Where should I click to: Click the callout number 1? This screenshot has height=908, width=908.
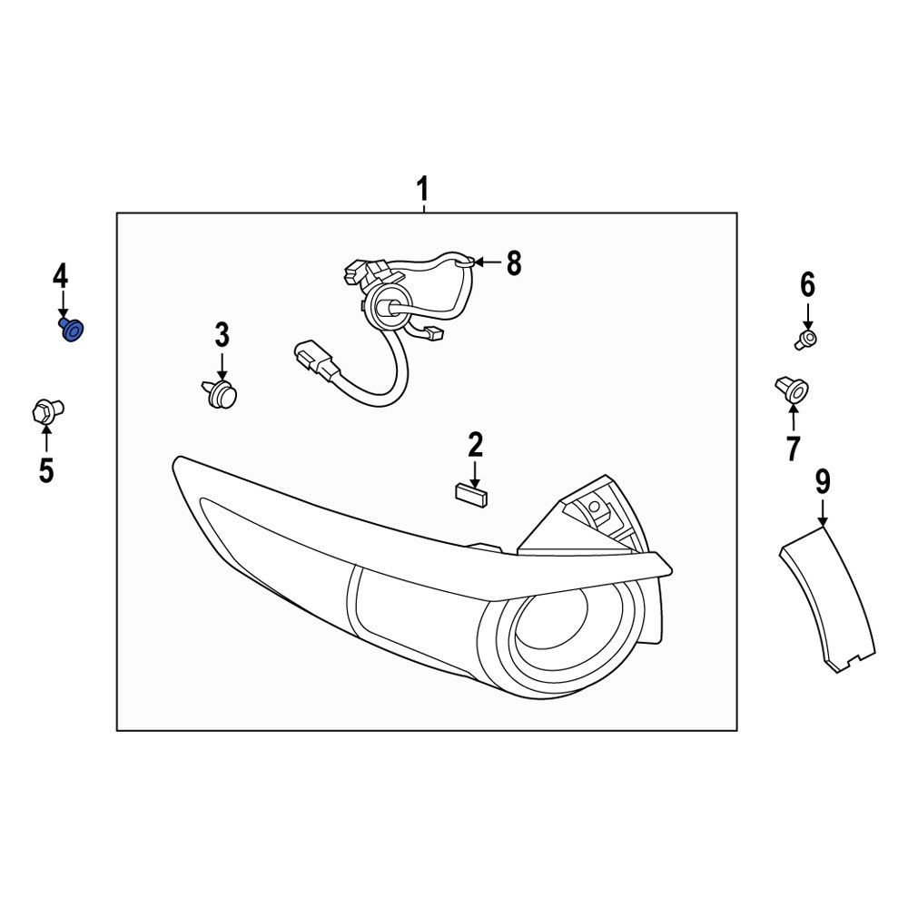point(422,191)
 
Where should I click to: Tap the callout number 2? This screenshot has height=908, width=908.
point(476,445)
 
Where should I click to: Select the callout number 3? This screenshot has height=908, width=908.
point(222,335)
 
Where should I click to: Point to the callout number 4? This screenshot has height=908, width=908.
point(60,274)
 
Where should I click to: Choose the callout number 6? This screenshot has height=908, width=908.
point(807,285)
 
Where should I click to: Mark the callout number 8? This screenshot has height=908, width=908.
point(513,263)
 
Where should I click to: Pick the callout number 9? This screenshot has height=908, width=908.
point(822,479)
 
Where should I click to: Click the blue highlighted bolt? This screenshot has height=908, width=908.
point(71,331)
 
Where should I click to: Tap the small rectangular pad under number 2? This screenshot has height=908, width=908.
point(469,493)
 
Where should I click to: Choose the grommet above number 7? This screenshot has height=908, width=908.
point(790,390)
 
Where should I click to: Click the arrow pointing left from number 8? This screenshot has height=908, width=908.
point(486,263)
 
